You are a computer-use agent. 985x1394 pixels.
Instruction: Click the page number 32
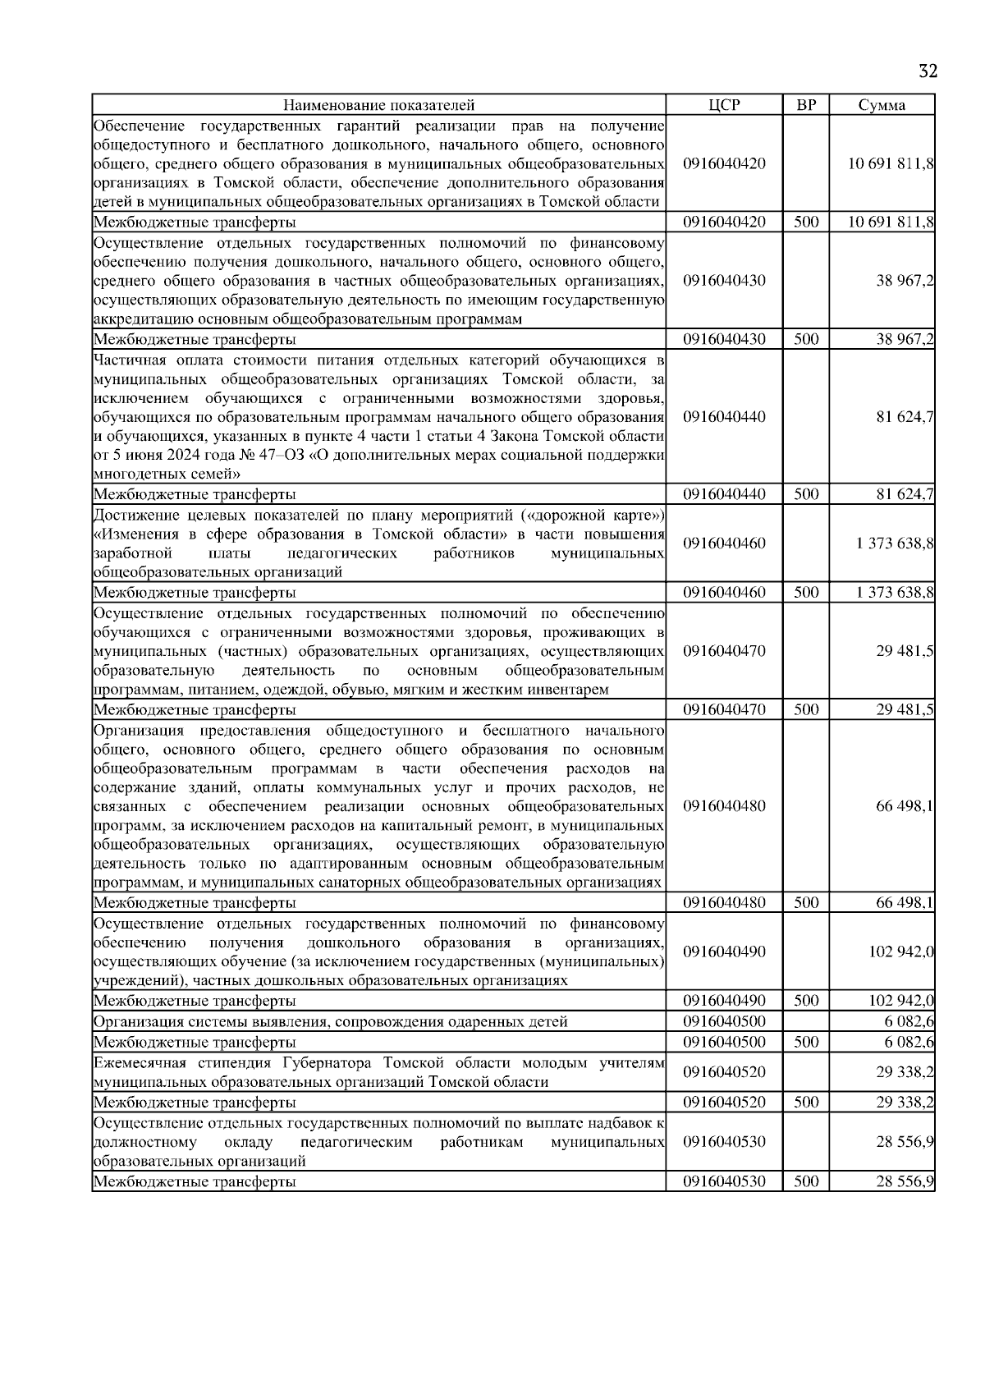927,71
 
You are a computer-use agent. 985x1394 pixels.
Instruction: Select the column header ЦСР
723,105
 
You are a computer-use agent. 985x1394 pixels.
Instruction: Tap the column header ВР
806,105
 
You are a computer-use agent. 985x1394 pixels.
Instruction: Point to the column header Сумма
882,105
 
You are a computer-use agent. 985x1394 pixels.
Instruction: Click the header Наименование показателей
378,105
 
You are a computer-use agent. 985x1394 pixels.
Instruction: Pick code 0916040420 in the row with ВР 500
723,222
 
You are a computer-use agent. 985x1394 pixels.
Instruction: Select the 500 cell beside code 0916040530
806,1181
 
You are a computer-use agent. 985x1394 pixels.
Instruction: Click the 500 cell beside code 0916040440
806,494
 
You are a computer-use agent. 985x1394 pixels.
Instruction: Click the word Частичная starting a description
124,359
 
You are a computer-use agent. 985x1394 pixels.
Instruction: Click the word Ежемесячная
134,1063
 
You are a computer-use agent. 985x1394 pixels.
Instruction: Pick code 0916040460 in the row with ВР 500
723,592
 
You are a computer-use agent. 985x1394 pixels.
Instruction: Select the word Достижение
130,515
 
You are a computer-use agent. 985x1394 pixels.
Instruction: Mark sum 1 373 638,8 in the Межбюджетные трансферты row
895,592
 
